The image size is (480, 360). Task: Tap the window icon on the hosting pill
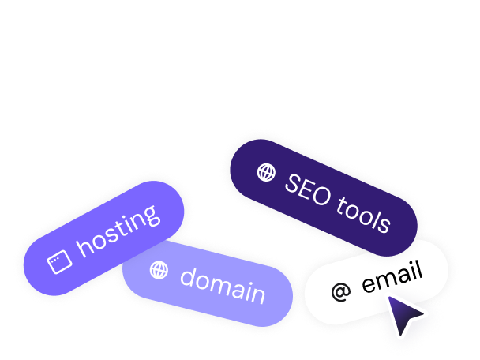(x=61, y=262)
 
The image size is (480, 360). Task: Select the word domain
(x=223, y=287)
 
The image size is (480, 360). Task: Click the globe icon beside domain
(x=159, y=270)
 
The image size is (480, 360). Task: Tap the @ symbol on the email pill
(x=340, y=292)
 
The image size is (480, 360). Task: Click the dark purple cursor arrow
(x=406, y=315)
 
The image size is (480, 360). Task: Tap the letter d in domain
(x=189, y=277)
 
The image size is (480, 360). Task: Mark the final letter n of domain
(x=257, y=295)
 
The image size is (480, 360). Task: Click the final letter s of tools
(x=384, y=223)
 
